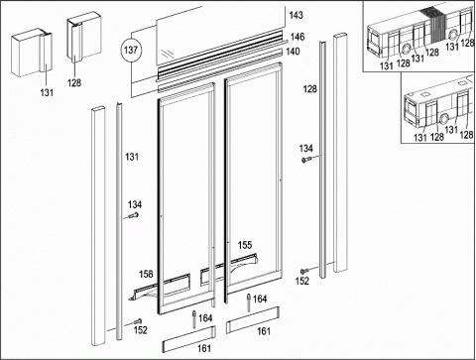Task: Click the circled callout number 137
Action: [x=131, y=50]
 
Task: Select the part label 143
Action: [x=296, y=15]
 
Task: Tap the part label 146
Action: [x=297, y=37]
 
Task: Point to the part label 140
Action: [x=293, y=52]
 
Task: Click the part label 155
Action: [x=245, y=245]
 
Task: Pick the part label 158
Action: [x=146, y=274]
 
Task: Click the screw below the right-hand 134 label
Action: [x=305, y=161]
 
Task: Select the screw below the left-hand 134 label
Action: [x=134, y=215]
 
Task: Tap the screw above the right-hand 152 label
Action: [x=304, y=271]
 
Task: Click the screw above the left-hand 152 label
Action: [x=138, y=321]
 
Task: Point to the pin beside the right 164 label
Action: [x=249, y=302]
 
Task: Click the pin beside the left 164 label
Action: [x=194, y=318]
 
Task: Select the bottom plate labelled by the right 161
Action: [x=253, y=319]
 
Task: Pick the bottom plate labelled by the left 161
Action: [x=189, y=339]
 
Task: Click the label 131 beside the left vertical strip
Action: [x=132, y=157]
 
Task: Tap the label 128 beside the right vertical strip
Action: [x=309, y=88]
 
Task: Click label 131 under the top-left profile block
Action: [x=47, y=92]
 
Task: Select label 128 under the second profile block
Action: [x=74, y=82]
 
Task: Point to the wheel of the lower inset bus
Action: [x=443, y=119]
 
